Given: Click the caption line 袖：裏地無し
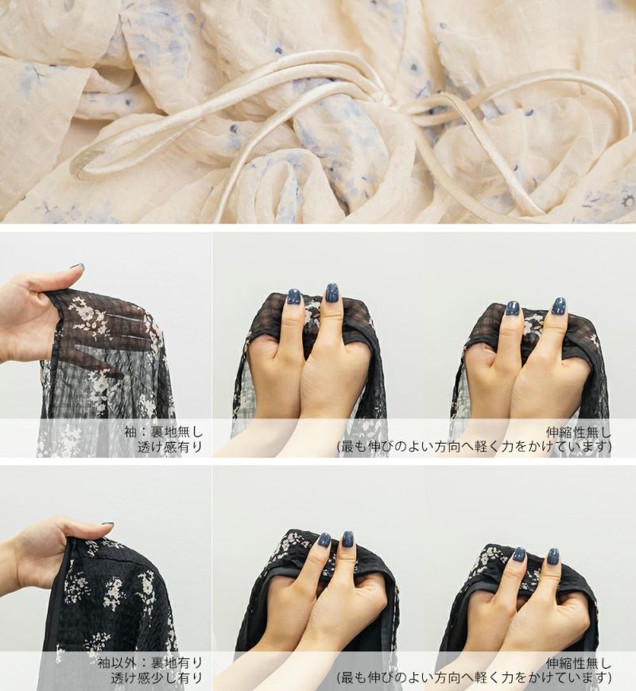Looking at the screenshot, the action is pos(163,432).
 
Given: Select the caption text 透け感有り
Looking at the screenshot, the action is pos(169,447).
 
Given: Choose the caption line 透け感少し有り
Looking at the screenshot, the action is pos(157,678).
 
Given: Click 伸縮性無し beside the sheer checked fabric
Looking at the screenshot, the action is pos(579,432).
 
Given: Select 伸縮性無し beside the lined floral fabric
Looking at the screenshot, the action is pos(579,663).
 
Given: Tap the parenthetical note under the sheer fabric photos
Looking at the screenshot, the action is pos(475,447).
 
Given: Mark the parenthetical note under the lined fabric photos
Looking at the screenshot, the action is pos(475,678).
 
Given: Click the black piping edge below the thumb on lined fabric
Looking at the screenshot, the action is pos(57,617).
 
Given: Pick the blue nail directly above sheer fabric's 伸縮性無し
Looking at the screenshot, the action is pos(559,305).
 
